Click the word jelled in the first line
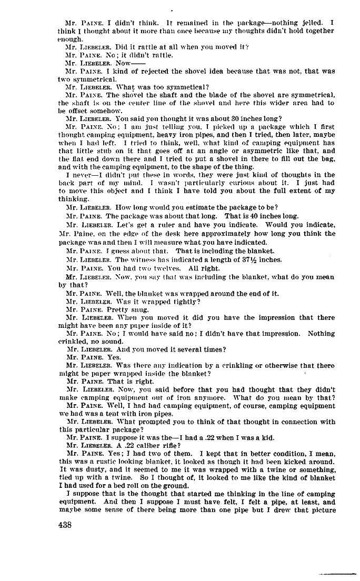pos(314,24)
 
